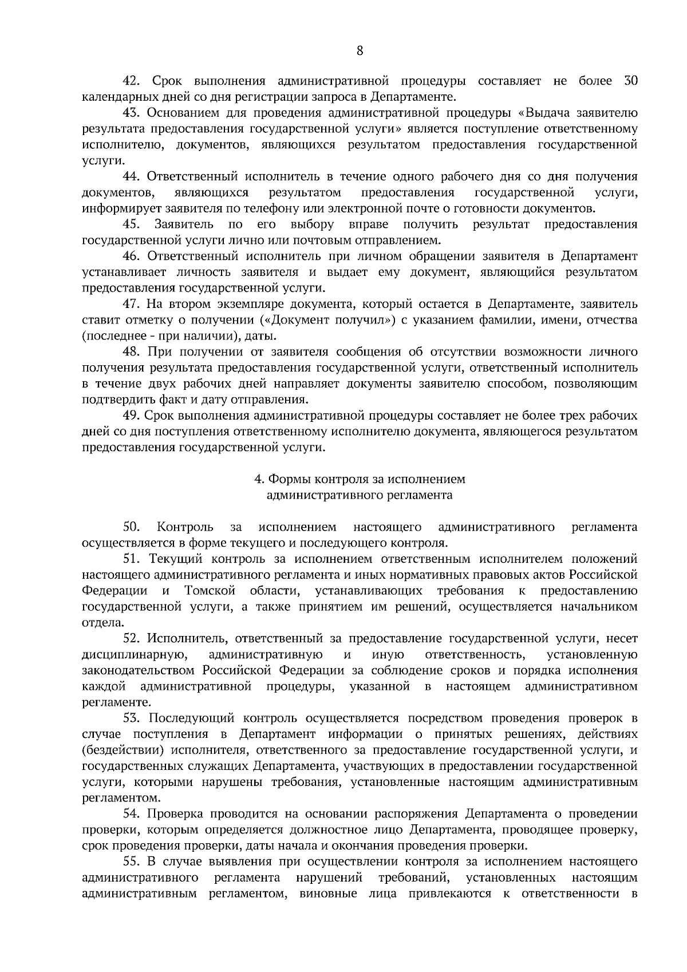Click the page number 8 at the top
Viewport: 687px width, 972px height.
tap(360, 50)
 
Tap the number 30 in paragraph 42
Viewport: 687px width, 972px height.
tap(629, 81)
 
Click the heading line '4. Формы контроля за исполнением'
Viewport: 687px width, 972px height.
tap(360, 479)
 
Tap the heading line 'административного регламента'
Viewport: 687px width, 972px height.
tap(360, 495)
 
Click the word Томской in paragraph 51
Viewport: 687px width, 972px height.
tap(210, 591)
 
